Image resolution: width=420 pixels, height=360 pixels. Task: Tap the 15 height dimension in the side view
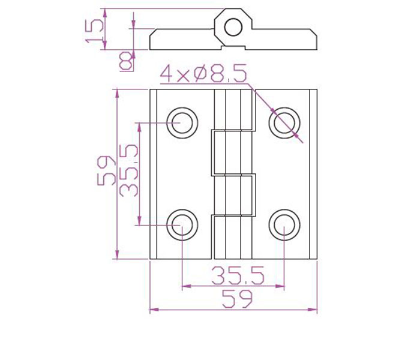(x=94, y=31)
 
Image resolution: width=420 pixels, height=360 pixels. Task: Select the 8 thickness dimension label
(x=126, y=61)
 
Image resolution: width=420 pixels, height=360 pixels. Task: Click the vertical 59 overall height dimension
(x=106, y=171)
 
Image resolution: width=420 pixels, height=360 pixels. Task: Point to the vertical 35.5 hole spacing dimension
(x=129, y=170)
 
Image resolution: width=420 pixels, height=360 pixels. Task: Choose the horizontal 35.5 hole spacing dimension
(x=238, y=275)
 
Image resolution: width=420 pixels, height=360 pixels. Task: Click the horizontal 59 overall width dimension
(x=238, y=299)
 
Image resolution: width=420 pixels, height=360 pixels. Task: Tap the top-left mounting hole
(x=182, y=123)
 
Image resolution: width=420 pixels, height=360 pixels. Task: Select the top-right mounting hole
(x=284, y=123)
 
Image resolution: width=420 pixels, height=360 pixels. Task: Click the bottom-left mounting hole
(x=182, y=225)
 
